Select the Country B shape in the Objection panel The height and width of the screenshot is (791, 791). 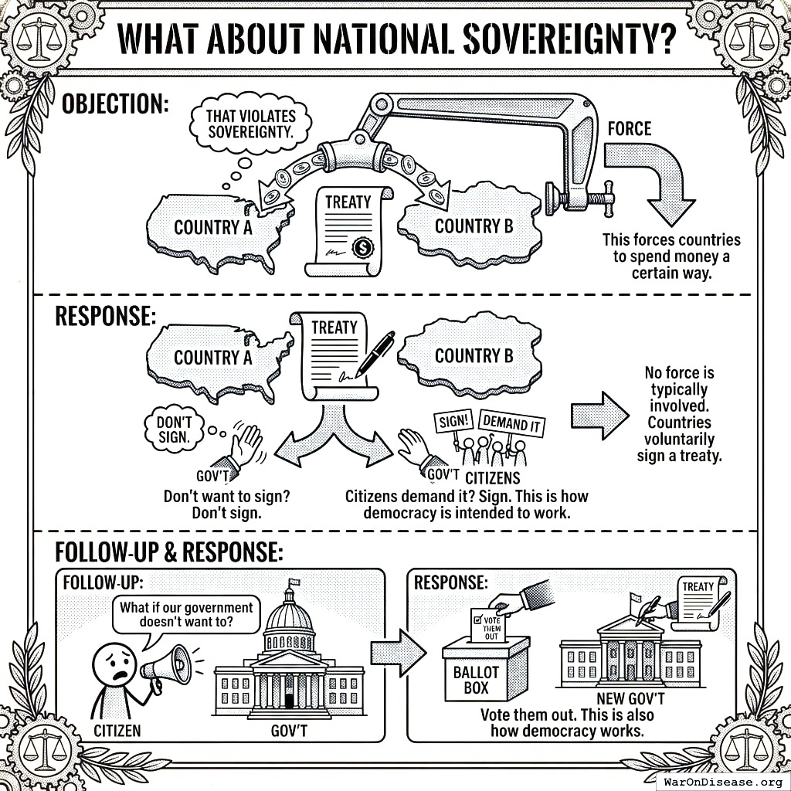tap(474, 225)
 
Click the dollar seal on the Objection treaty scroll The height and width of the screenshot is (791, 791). tap(360, 248)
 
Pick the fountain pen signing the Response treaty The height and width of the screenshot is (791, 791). tap(375, 355)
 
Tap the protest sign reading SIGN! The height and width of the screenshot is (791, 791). tap(453, 423)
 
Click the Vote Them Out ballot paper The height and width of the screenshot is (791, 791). tap(489, 625)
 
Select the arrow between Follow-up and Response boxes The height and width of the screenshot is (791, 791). tap(397, 654)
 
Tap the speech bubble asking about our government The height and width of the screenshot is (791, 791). tap(186, 614)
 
